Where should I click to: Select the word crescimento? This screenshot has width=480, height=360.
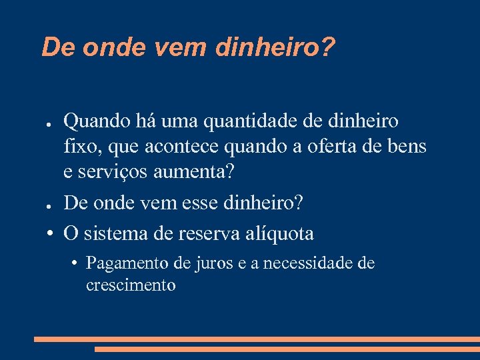pyautogui.click(x=131, y=285)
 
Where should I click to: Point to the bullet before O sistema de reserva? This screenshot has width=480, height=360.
pyautogui.click(x=50, y=235)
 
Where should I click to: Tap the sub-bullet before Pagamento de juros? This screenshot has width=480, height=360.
pyautogui.click(x=77, y=264)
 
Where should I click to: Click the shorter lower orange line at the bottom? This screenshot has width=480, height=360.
pyautogui.click(x=287, y=349)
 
